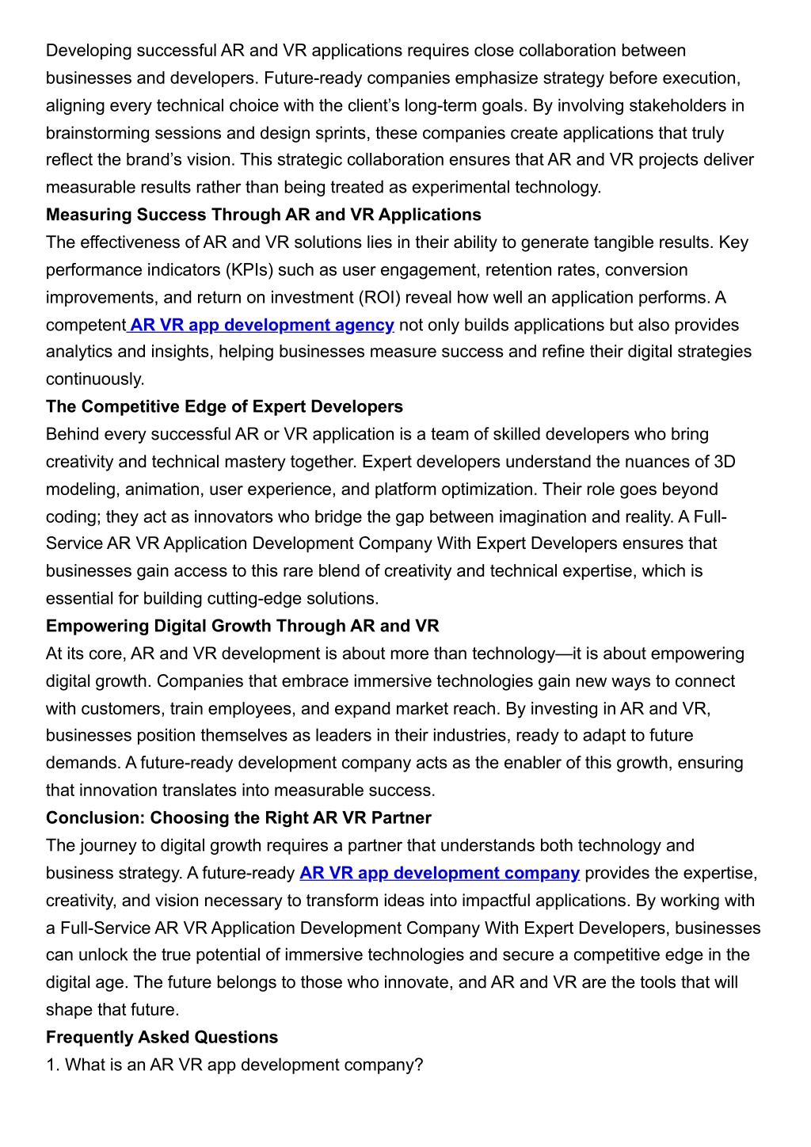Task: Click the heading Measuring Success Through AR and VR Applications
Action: [x=263, y=215]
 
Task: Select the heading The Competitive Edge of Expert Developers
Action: [x=224, y=406]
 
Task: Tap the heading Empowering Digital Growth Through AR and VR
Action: [x=242, y=626]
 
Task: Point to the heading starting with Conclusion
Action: [x=238, y=817]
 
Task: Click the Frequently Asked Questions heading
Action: [x=162, y=1037]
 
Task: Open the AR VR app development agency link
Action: [x=261, y=325]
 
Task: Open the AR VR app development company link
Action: [x=440, y=873]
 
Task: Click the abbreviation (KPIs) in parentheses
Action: [x=247, y=270]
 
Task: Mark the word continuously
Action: [x=95, y=379]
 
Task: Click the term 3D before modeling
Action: [x=725, y=462]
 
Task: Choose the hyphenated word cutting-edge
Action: [x=256, y=599]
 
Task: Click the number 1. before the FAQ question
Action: [x=52, y=1065]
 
